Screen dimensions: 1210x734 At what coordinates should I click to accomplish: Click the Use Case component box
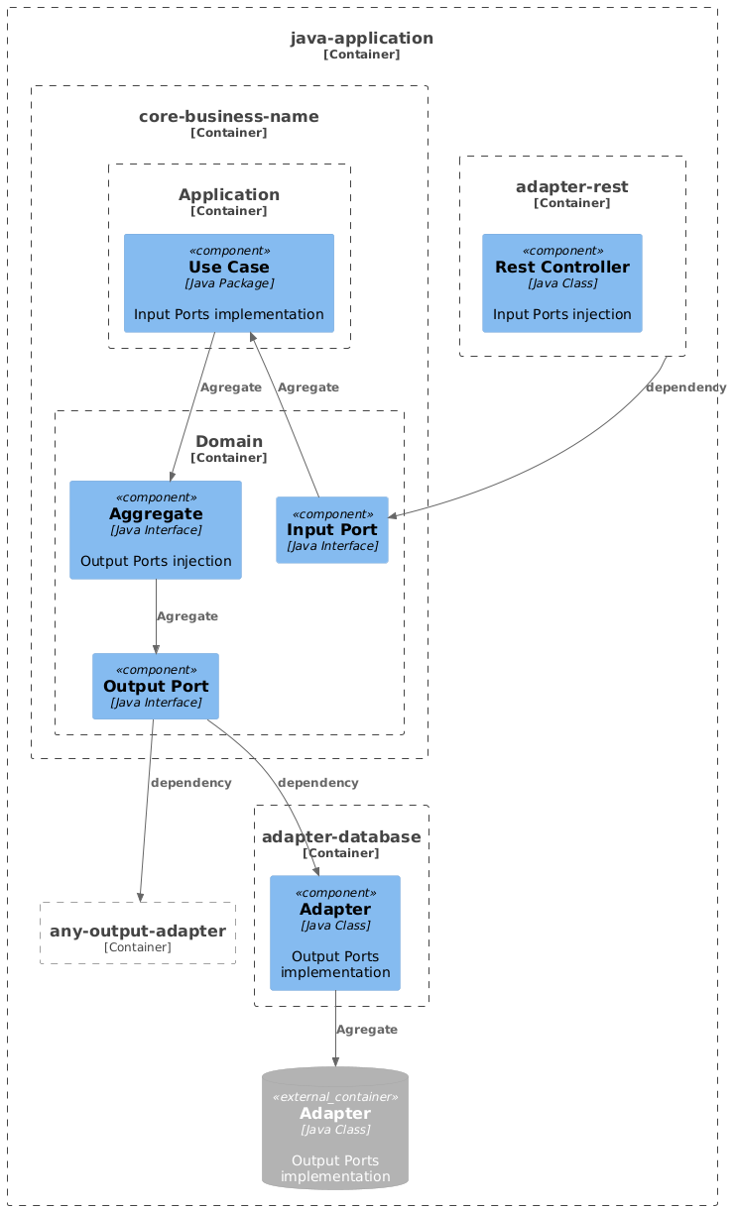tap(228, 283)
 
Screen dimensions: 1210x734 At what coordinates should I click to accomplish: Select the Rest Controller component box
tap(561, 283)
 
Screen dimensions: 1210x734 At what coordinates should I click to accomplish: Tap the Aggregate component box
tap(156, 529)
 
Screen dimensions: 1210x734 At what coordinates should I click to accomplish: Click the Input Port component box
tap(332, 530)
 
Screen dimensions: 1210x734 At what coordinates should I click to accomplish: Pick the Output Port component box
tap(156, 686)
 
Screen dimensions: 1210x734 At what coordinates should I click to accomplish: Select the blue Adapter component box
tap(335, 933)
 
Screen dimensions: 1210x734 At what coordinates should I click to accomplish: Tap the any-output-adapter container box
tap(138, 934)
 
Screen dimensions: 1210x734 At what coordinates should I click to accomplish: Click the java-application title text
tap(362, 39)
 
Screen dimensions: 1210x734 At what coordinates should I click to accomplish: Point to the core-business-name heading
tap(229, 117)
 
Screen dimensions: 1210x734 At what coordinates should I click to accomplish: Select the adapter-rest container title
tap(572, 187)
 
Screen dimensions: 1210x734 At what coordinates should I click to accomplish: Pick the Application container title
tap(229, 194)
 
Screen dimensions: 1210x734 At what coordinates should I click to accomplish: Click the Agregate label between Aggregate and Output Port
tap(186, 616)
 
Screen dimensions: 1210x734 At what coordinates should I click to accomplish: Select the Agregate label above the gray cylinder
tap(367, 1030)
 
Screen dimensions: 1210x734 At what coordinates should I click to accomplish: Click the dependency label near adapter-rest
tap(685, 387)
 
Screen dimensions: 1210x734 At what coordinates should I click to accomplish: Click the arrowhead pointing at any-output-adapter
tap(140, 897)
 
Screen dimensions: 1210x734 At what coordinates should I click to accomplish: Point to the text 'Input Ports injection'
tap(561, 314)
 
